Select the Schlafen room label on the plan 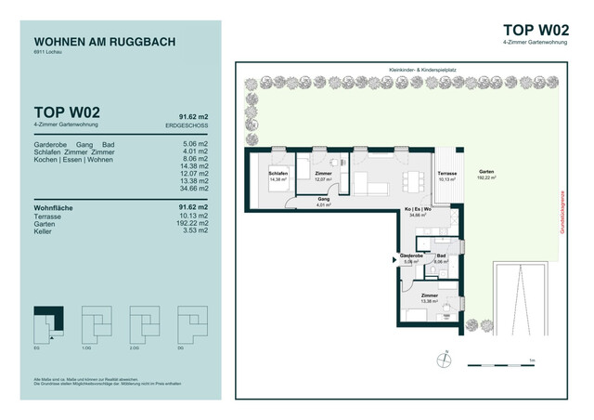(278, 176)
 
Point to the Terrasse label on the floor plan (447, 176)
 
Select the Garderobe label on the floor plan (411, 257)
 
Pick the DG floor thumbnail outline (195, 322)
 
